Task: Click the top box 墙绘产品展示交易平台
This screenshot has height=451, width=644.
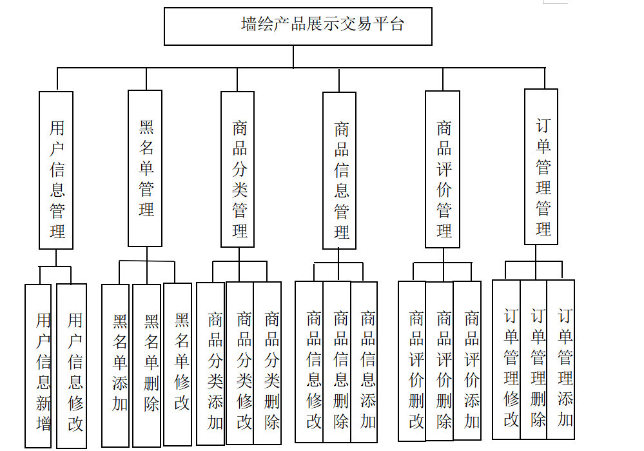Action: (x=298, y=26)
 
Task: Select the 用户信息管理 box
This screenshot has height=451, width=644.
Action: (x=56, y=170)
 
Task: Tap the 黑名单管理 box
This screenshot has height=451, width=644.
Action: (x=145, y=168)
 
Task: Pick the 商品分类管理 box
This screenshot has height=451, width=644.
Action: (x=238, y=169)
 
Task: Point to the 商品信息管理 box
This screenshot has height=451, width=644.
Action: (x=340, y=171)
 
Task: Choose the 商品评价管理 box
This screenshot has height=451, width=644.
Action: (x=443, y=169)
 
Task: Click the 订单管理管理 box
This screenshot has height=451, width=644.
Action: (x=542, y=166)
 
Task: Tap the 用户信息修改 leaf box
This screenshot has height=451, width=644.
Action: (x=72, y=366)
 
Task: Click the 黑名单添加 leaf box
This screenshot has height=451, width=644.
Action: (x=115, y=365)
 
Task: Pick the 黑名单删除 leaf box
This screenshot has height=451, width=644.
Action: (x=147, y=365)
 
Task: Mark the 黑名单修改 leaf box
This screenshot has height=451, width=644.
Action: (x=178, y=365)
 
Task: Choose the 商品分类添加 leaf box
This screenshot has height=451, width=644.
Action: (x=211, y=363)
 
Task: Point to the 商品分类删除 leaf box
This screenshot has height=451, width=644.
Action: (x=268, y=363)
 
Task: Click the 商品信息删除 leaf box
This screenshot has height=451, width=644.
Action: (x=337, y=361)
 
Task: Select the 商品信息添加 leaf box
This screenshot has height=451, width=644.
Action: (x=364, y=361)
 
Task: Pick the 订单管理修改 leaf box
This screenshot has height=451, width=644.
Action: (x=507, y=359)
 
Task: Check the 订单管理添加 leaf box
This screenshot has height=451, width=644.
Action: (x=561, y=359)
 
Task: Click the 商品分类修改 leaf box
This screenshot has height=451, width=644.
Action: (x=240, y=363)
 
